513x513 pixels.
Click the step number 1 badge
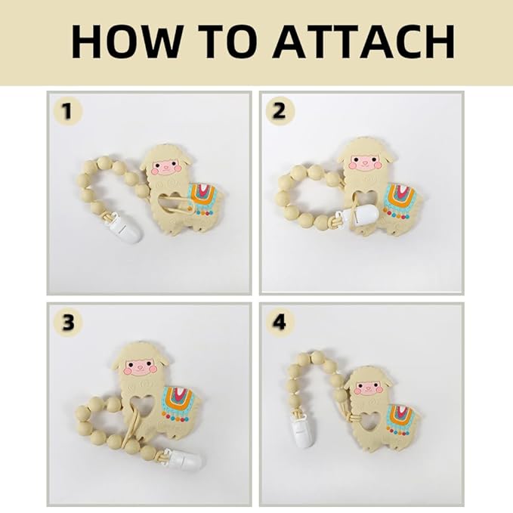click(68, 112)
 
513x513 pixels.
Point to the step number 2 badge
click(280, 112)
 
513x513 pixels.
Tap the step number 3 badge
click(68, 323)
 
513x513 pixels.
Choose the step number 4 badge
click(280, 323)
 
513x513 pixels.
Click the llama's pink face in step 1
click(165, 166)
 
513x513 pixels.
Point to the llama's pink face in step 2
click(365, 162)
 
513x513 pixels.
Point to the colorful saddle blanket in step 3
click(178, 404)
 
